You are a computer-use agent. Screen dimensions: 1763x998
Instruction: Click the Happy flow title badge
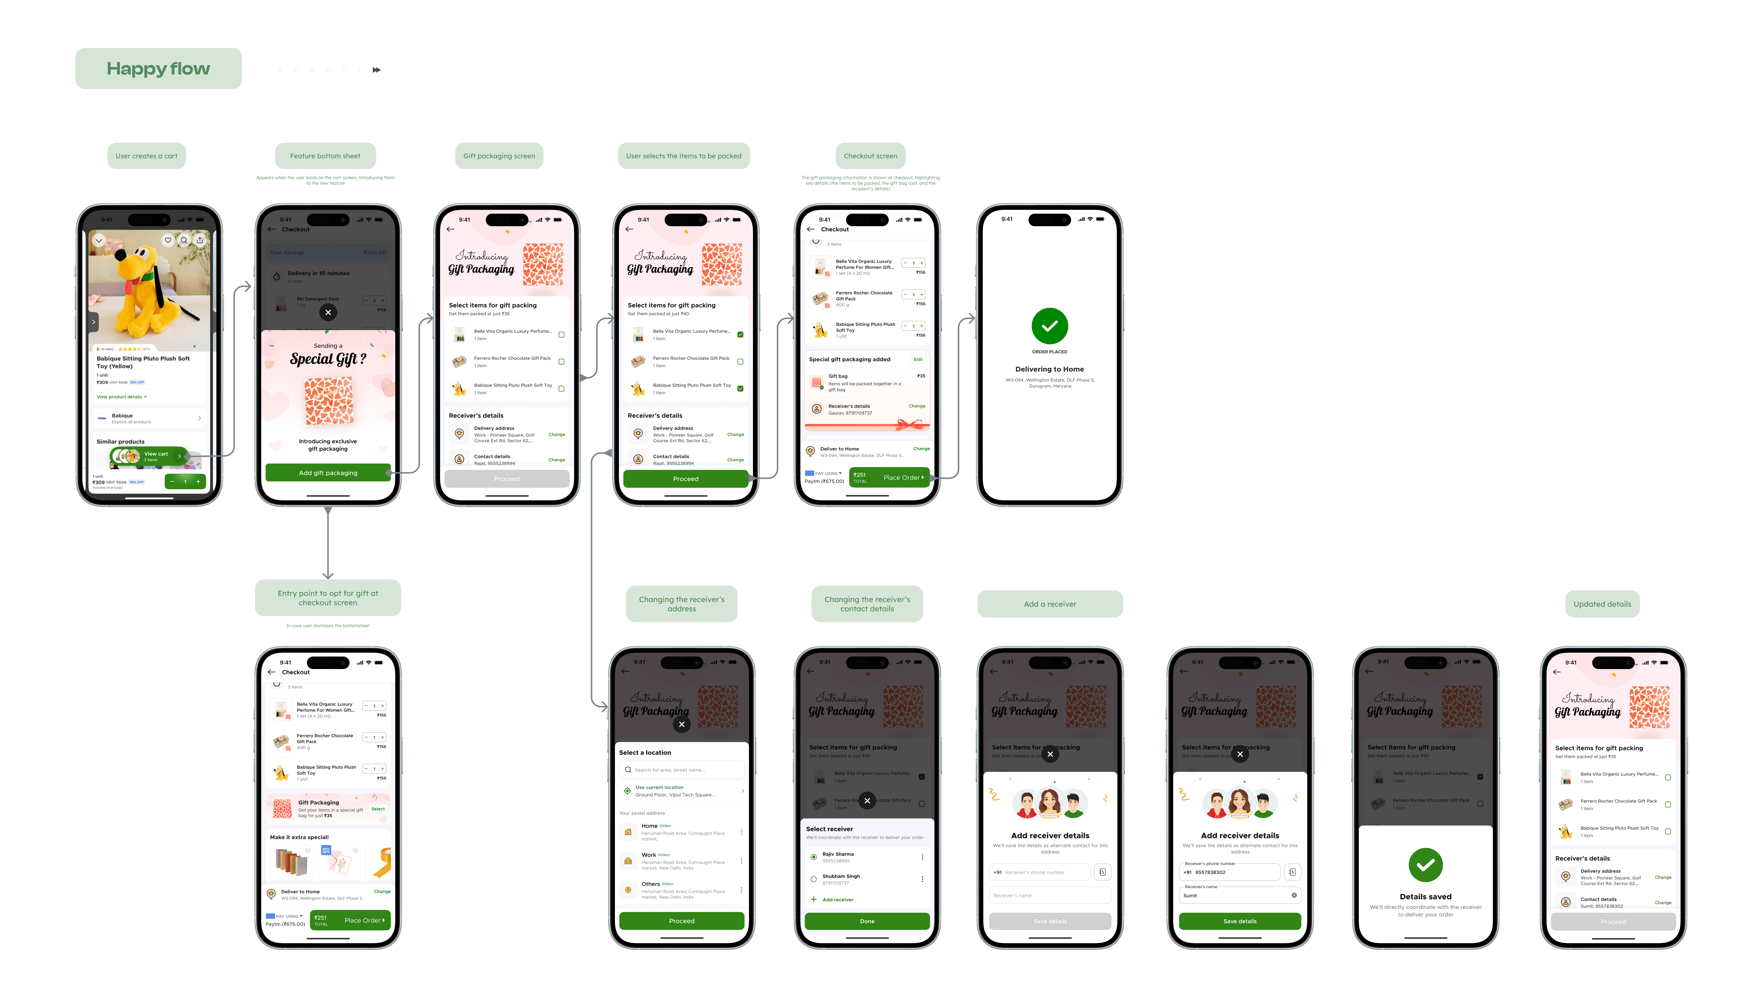[158, 69]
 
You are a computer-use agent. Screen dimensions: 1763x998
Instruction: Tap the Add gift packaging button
[328, 473]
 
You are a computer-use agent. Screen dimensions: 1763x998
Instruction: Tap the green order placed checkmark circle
[1049, 326]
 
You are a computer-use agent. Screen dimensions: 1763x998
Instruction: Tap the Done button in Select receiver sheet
[867, 921]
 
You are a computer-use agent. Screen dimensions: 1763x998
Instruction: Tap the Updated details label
[1602, 604]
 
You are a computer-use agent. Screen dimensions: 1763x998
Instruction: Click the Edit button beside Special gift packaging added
[917, 359]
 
